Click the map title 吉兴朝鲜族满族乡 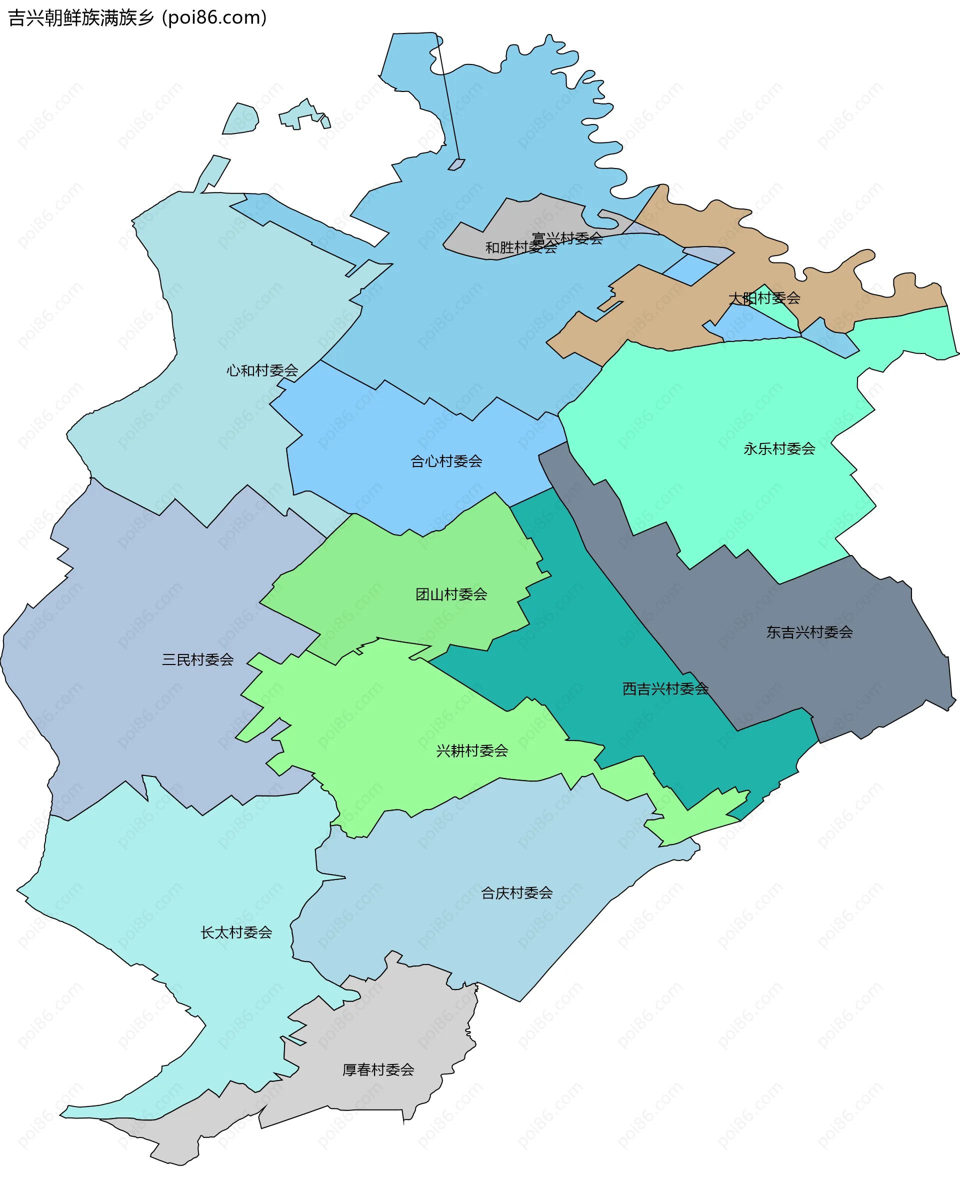coord(81,18)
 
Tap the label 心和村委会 coord(261,370)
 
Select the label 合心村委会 coord(446,461)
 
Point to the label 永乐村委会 coord(779,449)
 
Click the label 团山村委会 coord(451,594)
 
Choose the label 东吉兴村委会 coord(809,632)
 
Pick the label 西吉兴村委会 coord(665,689)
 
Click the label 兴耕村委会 coord(471,751)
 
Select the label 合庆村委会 coord(516,893)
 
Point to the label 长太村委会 coord(236,932)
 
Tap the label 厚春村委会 coord(378,1069)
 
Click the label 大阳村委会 coord(764,298)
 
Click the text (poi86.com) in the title coord(214,18)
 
